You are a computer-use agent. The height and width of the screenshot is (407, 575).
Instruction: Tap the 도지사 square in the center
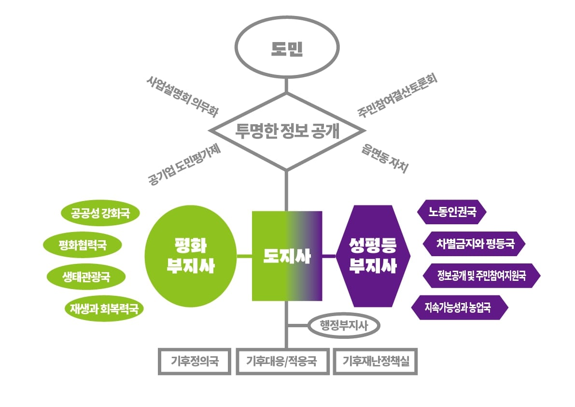point(287,256)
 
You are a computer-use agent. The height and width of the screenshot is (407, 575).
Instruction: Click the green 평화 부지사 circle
point(191,256)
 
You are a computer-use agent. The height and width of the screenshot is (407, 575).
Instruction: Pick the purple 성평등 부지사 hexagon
point(373,256)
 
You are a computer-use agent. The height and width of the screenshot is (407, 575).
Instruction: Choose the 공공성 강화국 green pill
point(100,213)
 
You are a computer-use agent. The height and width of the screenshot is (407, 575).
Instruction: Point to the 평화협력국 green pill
point(83,245)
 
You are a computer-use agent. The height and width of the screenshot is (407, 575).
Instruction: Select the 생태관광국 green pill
point(86,276)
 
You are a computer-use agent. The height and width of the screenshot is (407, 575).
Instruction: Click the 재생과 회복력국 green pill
point(104,308)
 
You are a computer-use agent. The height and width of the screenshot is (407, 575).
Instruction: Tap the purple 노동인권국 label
point(452,212)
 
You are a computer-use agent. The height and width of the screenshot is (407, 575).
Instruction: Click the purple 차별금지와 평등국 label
point(474,244)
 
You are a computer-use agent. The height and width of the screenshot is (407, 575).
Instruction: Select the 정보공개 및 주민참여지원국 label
point(481,276)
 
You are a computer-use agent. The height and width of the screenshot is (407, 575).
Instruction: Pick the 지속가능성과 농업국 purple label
point(460,307)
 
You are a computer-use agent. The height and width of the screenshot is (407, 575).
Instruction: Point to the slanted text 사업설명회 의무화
point(182,96)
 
